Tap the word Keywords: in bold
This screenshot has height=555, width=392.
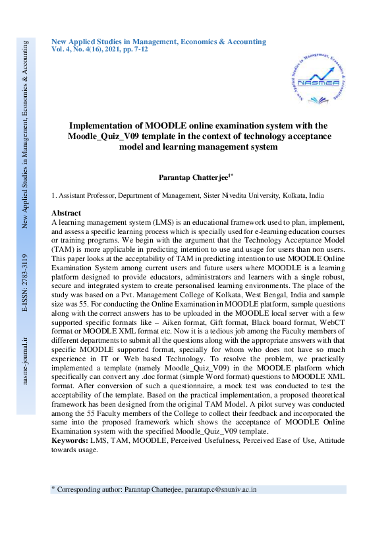(x=70, y=440)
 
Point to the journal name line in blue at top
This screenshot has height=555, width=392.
(x=159, y=42)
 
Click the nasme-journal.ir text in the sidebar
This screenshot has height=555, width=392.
(x=26, y=361)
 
